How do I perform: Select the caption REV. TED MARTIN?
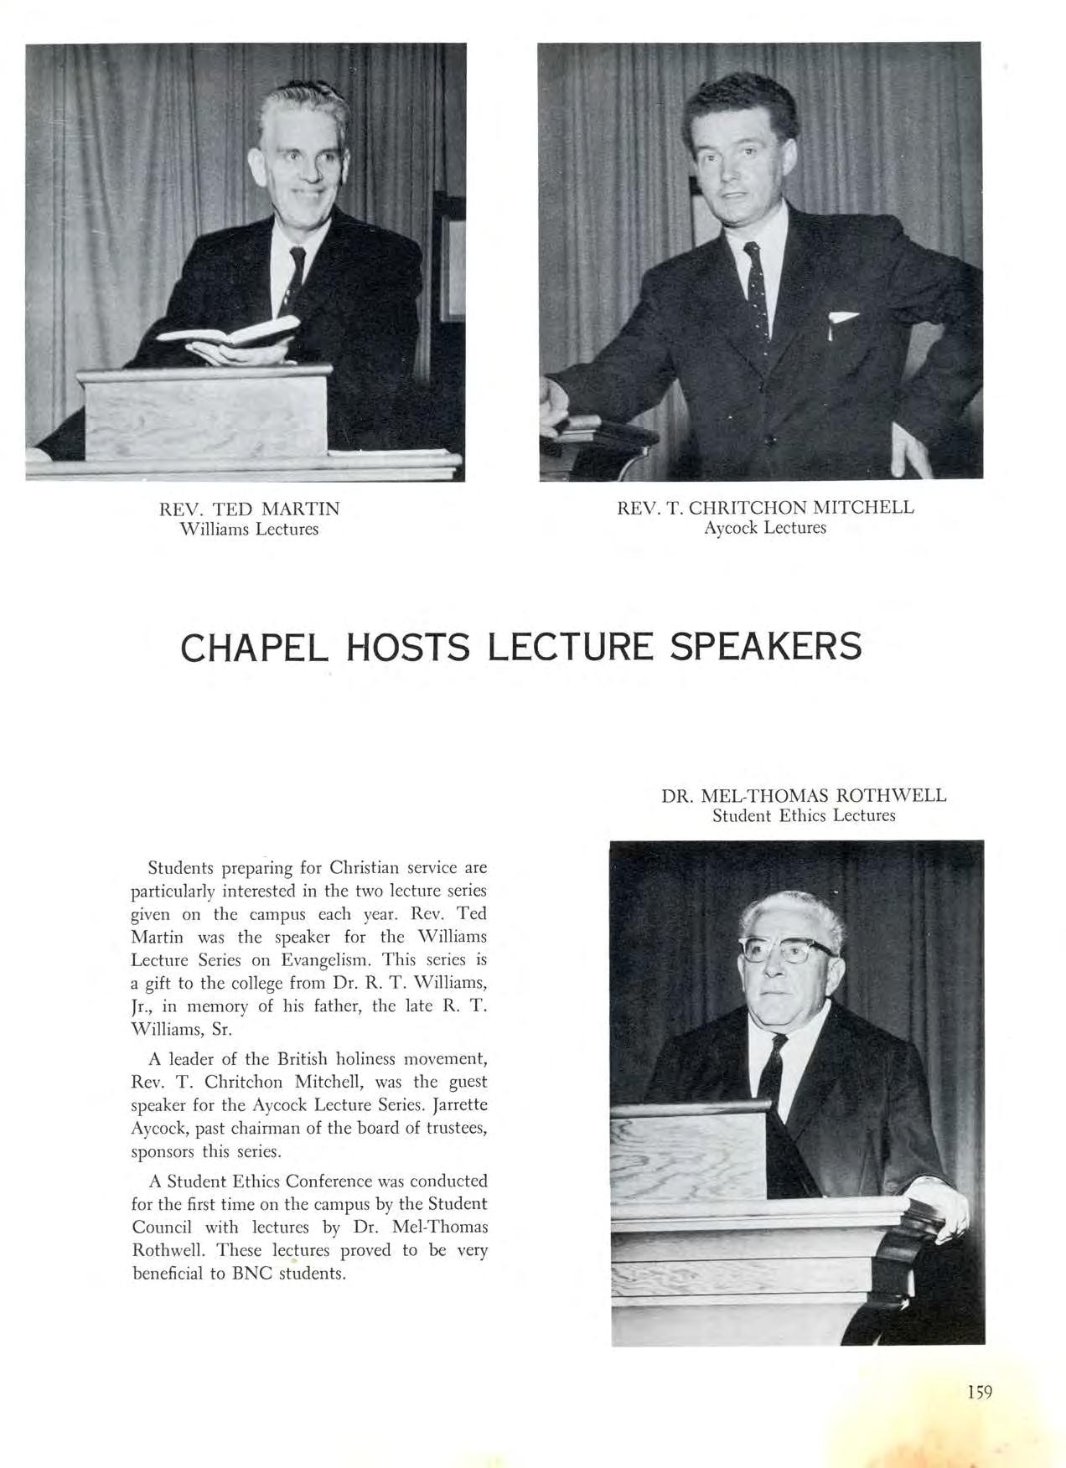250,509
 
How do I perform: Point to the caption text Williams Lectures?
250,530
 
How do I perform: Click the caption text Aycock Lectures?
765,528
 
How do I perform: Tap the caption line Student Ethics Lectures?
804,815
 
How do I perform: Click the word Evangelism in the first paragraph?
328,959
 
